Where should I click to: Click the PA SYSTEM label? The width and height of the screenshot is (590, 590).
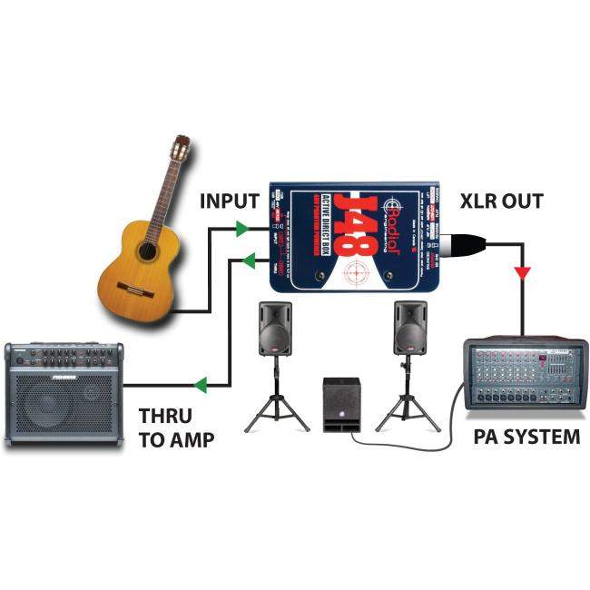[526, 437]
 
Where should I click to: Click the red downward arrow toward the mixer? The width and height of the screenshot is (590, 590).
[523, 273]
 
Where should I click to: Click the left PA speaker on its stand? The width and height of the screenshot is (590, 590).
[276, 329]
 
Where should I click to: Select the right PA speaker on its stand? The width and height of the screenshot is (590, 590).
[409, 328]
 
